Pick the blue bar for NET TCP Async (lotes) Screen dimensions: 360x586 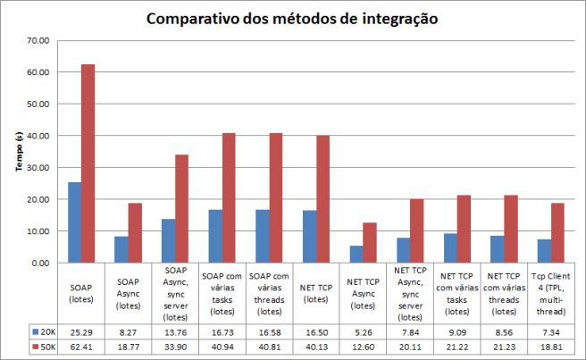[356, 254]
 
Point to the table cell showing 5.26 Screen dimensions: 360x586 [362, 331]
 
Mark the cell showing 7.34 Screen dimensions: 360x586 [551, 331]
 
